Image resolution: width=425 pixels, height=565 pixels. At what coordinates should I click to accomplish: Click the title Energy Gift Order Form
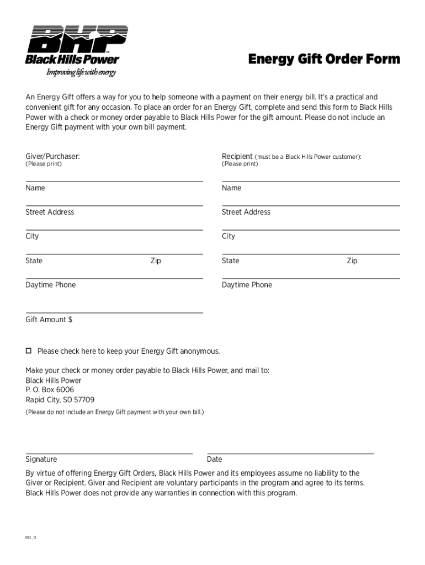(x=323, y=59)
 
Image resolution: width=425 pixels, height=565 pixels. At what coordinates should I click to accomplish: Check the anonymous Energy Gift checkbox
(x=29, y=351)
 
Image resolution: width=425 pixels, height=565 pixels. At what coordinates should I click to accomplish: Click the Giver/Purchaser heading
(x=52, y=157)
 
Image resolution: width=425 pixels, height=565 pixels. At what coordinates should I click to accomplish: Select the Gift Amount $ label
(x=49, y=319)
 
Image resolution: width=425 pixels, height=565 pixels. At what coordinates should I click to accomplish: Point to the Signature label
(x=41, y=459)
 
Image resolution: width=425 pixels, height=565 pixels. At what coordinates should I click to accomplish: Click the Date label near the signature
(x=214, y=459)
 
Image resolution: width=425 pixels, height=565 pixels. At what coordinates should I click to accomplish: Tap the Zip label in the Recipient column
(x=352, y=260)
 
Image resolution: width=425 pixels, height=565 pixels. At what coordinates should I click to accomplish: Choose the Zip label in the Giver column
(x=156, y=260)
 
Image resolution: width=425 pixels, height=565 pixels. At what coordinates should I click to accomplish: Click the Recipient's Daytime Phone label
(x=247, y=285)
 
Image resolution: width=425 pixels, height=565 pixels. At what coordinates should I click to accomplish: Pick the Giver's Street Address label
(x=50, y=212)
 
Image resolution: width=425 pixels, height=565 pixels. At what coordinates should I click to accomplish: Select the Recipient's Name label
(x=232, y=188)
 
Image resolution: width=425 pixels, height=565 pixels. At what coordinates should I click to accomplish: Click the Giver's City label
(x=32, y=236)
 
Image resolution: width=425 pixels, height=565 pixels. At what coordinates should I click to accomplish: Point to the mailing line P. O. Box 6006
(x=50, y=390)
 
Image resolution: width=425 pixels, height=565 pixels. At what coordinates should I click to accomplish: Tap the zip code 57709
(x=84, y=399)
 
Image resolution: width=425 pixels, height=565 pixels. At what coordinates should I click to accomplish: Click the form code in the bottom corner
(x=31, y=536)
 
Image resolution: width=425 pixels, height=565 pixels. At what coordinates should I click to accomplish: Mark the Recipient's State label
(x=231, y=260)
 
